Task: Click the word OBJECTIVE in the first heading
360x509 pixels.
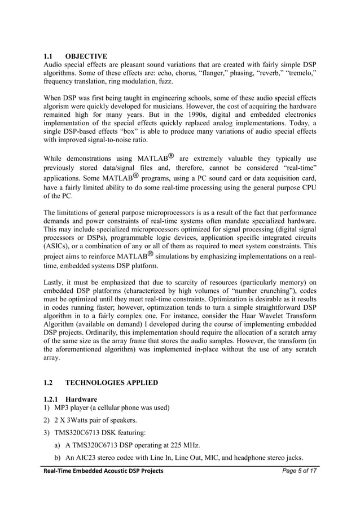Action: [x=86, y=56]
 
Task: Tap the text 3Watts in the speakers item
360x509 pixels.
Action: [x=82, y=420]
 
